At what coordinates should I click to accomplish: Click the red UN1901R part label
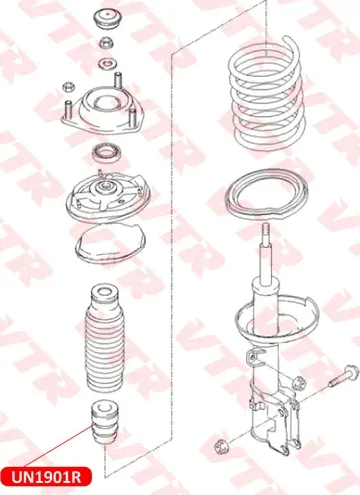click(46, 476)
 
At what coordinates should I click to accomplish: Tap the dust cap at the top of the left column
click(107, 20)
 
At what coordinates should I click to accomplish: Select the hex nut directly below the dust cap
click(107, 42)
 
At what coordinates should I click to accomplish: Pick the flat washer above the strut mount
click(107, 64)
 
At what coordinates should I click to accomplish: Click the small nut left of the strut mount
click(68, 87)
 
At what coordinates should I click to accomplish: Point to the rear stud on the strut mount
click(118, 80)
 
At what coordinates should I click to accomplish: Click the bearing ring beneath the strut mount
click(107, 153)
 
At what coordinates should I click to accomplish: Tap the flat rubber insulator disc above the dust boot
click(110, 242)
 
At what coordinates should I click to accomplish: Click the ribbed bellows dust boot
click(103, 339)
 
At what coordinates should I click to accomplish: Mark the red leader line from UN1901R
click(58, 446)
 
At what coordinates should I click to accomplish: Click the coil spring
click(267, 94)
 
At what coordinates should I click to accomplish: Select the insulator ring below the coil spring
click(266, 195)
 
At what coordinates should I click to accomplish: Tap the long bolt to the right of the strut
click(344, 376)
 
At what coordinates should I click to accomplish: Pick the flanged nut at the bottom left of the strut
click(220, 446)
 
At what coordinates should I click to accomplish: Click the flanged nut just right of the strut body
click(299, 382)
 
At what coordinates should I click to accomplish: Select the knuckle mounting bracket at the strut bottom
click(276, 422)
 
